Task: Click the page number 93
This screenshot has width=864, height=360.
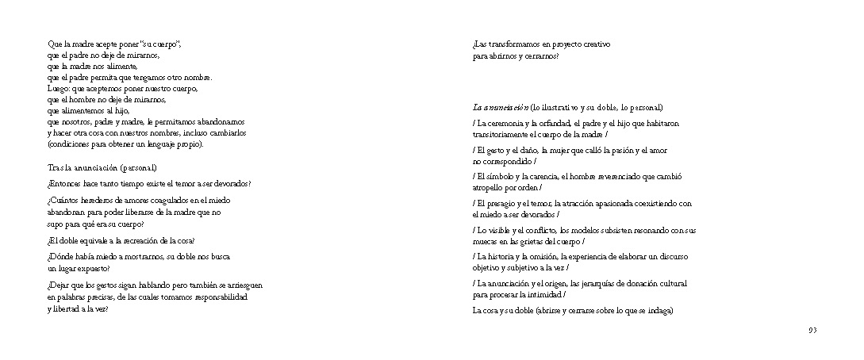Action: tap(812, 330)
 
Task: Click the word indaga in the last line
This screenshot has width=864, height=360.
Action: tap(659, 311)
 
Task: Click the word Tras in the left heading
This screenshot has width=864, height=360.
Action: tap(55, 168)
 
